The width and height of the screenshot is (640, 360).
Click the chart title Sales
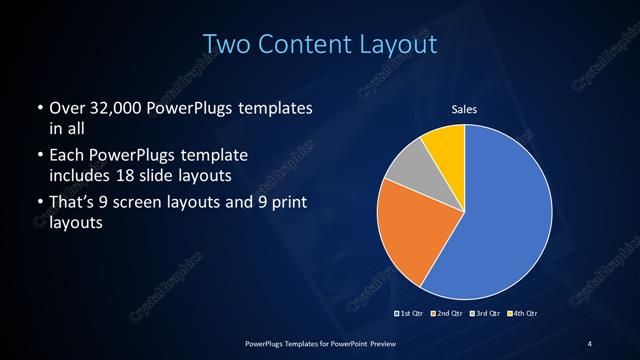click(465, 109)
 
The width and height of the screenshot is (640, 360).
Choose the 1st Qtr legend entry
click(408, 314)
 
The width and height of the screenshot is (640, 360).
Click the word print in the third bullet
click(286, 206)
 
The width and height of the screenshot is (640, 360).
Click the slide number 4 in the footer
click(590, 344)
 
